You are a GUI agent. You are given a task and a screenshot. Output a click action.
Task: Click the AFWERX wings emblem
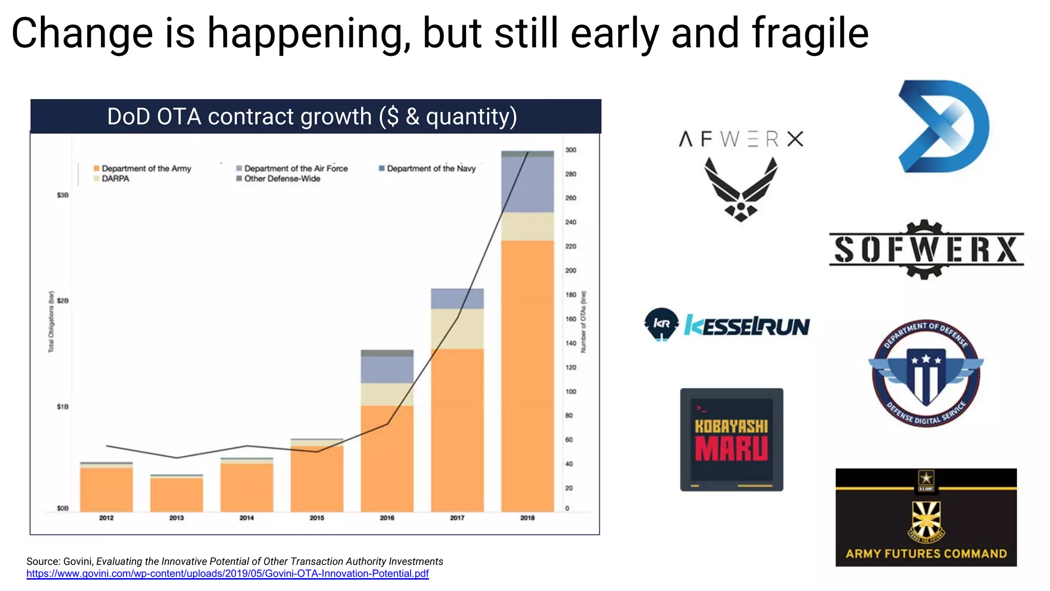pyautogui.click(x=741, y=189)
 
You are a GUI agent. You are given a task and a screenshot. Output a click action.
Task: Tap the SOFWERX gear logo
pyautogui.click(x=926, y=249)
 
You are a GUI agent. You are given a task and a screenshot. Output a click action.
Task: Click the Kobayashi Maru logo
pyautogui.click(x=732, y=440)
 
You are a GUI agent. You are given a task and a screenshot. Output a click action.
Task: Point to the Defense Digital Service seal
pyautogui.click(x=926, y=373)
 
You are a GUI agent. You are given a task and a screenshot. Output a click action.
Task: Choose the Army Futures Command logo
pyautogui.click(x=926, y=517)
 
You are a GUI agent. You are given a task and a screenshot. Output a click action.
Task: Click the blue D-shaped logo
pyautogui.click(x=943, y=126)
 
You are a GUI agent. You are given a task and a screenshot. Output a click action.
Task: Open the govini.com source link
pyautogui.click(x=228, y=574)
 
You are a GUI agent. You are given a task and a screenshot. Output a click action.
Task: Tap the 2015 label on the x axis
pyautogui.click(x=317, y=518)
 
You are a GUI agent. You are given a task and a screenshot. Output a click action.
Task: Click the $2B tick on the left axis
pyautogui.click(x=63, y=301)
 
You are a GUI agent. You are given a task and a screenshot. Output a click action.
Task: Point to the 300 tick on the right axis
pyautogui.click(x=571, y=150)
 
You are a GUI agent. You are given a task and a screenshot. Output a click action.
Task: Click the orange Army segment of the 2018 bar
pyautogui.click(x=528, y=375)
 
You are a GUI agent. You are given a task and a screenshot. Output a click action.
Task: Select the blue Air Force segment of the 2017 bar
pyautogui.click(x=457, y=299)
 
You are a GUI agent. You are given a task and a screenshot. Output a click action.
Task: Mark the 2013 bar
pyautogui.click(x=176, y=494)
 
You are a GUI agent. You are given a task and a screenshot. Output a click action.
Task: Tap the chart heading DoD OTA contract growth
pyautogui.click(x=312, y=116)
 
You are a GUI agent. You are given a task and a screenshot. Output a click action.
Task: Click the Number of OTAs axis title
pyautogui.click(x=583, y=322)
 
